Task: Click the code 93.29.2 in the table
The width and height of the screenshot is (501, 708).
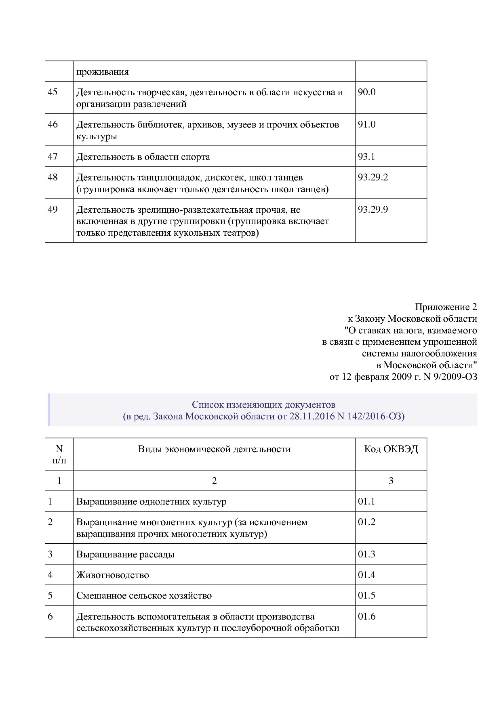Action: [373, 178]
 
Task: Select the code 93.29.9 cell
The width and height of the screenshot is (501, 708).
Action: [373, 210]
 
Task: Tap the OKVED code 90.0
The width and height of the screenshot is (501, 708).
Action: [366, 92]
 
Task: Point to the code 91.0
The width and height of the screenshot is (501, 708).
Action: [366, 124]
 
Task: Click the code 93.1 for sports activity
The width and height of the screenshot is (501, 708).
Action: [366, 157]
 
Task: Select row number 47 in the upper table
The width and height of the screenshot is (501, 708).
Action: [53, 157]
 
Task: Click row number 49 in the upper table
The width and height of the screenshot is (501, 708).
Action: [53, 210]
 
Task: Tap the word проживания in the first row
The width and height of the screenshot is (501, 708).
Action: [103, 72]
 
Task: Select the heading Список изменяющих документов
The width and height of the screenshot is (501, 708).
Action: [263, 404]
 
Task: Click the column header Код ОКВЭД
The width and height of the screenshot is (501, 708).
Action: [391, 449]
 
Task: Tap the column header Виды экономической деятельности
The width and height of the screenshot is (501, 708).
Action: [214, 449]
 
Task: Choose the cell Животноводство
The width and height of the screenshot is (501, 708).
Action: [113, 575]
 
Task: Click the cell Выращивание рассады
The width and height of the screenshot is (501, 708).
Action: [125, 554]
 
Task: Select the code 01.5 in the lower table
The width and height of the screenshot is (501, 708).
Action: [366, 595]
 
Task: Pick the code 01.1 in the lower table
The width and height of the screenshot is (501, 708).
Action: [366, 502]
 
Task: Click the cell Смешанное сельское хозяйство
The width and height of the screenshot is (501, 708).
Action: [144, 596]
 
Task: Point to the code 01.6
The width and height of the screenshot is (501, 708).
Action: [366, 616]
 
